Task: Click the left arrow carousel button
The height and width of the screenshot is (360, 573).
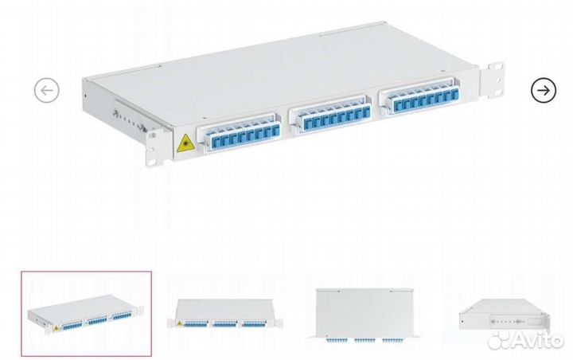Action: point(47,90)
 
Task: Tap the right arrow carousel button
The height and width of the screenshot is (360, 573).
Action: point(544,90)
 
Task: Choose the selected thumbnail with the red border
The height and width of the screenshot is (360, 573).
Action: point(86,314)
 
